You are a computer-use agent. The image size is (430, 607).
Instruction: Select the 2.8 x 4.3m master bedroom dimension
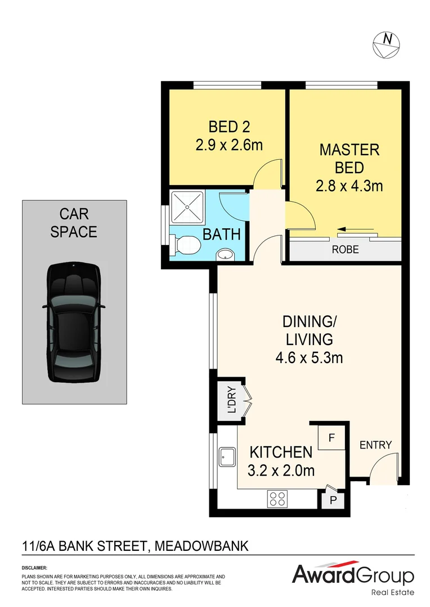349,185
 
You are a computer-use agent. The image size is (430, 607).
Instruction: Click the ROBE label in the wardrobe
345,250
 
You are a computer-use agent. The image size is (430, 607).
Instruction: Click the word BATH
222,234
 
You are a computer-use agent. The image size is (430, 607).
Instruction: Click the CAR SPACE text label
74,223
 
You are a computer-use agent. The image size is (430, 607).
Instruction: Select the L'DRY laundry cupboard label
231,398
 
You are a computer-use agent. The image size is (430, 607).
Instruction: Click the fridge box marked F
332,437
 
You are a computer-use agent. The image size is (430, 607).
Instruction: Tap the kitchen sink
227,457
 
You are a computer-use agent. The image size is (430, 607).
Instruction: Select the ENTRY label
375,445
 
